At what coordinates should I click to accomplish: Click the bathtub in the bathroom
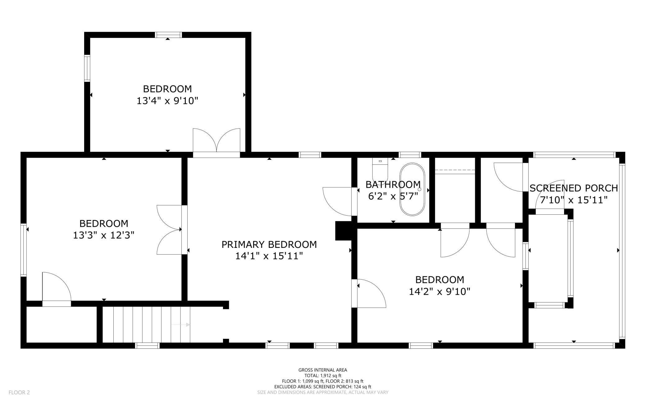coord(412,189)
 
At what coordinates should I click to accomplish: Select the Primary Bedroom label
coord(269,244)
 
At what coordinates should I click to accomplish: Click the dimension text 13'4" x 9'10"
coord(167,101)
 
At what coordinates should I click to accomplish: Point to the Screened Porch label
coord(574,188)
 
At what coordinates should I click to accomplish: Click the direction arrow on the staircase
coord(180,325)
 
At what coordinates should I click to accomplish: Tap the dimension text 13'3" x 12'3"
coord(103,235)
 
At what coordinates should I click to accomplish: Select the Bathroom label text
coord(393,185)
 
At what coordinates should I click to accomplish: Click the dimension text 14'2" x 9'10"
coord(439,292)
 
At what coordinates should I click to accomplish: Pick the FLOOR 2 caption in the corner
coord(19,392)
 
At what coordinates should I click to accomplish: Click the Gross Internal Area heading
coord(323,370)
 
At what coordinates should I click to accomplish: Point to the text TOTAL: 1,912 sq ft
coord(323,375)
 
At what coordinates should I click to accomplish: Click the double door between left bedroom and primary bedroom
coord(169,230)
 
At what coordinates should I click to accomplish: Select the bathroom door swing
coord(337,201)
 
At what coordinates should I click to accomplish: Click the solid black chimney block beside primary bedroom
coord(343,231)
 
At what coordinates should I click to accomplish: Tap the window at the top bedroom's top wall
coord(168,35)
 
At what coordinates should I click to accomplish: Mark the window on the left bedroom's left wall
coord(24,250)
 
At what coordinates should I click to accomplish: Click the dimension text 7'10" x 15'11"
coord(574,200)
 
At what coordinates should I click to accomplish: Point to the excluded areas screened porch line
coord(323,387)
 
